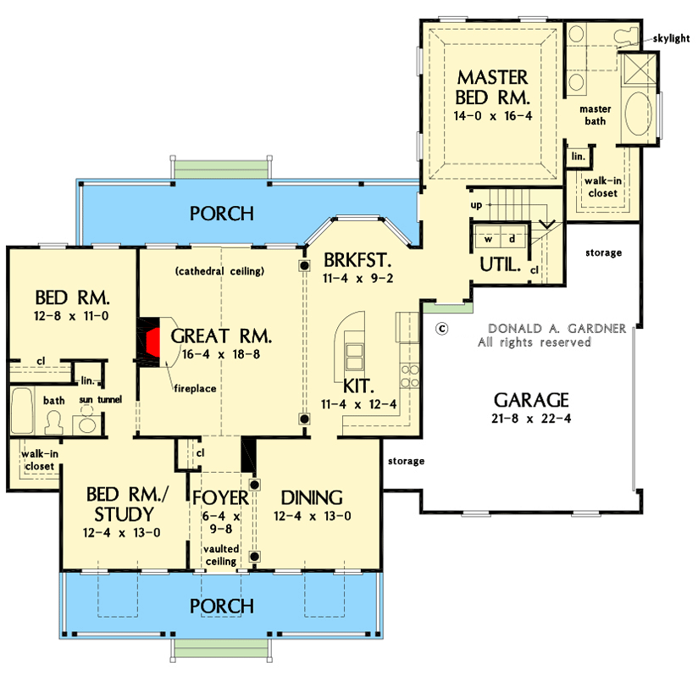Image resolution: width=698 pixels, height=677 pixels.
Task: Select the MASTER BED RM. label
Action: (492, 86)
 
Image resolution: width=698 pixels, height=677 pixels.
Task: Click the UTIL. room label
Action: (500, 264)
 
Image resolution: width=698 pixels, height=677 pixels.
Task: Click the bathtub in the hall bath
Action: (23, 412)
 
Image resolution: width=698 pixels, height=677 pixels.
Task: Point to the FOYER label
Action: (219, 497)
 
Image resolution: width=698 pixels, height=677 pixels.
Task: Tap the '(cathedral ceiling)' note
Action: (221, 272)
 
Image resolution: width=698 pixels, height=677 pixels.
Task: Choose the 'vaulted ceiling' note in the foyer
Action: (220, 556)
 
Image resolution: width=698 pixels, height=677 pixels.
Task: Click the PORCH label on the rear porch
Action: (221, 213)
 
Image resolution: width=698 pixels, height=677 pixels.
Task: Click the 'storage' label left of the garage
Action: (406, 462)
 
